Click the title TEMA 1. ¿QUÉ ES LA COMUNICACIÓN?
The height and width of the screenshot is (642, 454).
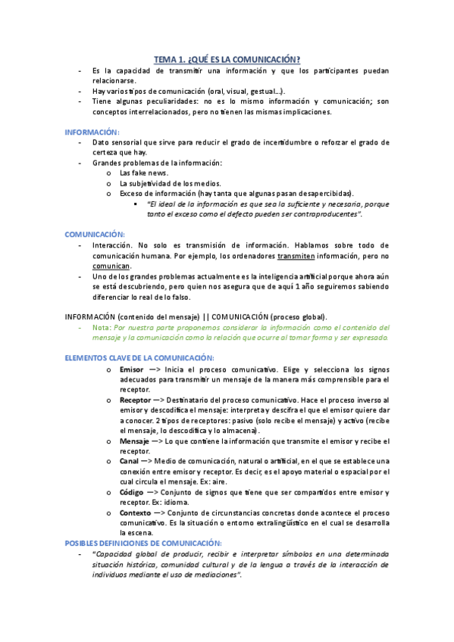pos(227,59)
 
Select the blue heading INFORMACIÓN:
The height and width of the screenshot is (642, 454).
pos(92,132)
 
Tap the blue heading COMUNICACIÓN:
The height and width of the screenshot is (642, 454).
pos(95,235)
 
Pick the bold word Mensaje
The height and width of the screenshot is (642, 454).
pos(135,441)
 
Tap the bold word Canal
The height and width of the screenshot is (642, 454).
pos(130,461)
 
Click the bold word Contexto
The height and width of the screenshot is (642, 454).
pos(136,513)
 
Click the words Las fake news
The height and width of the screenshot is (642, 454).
pos(144,173)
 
